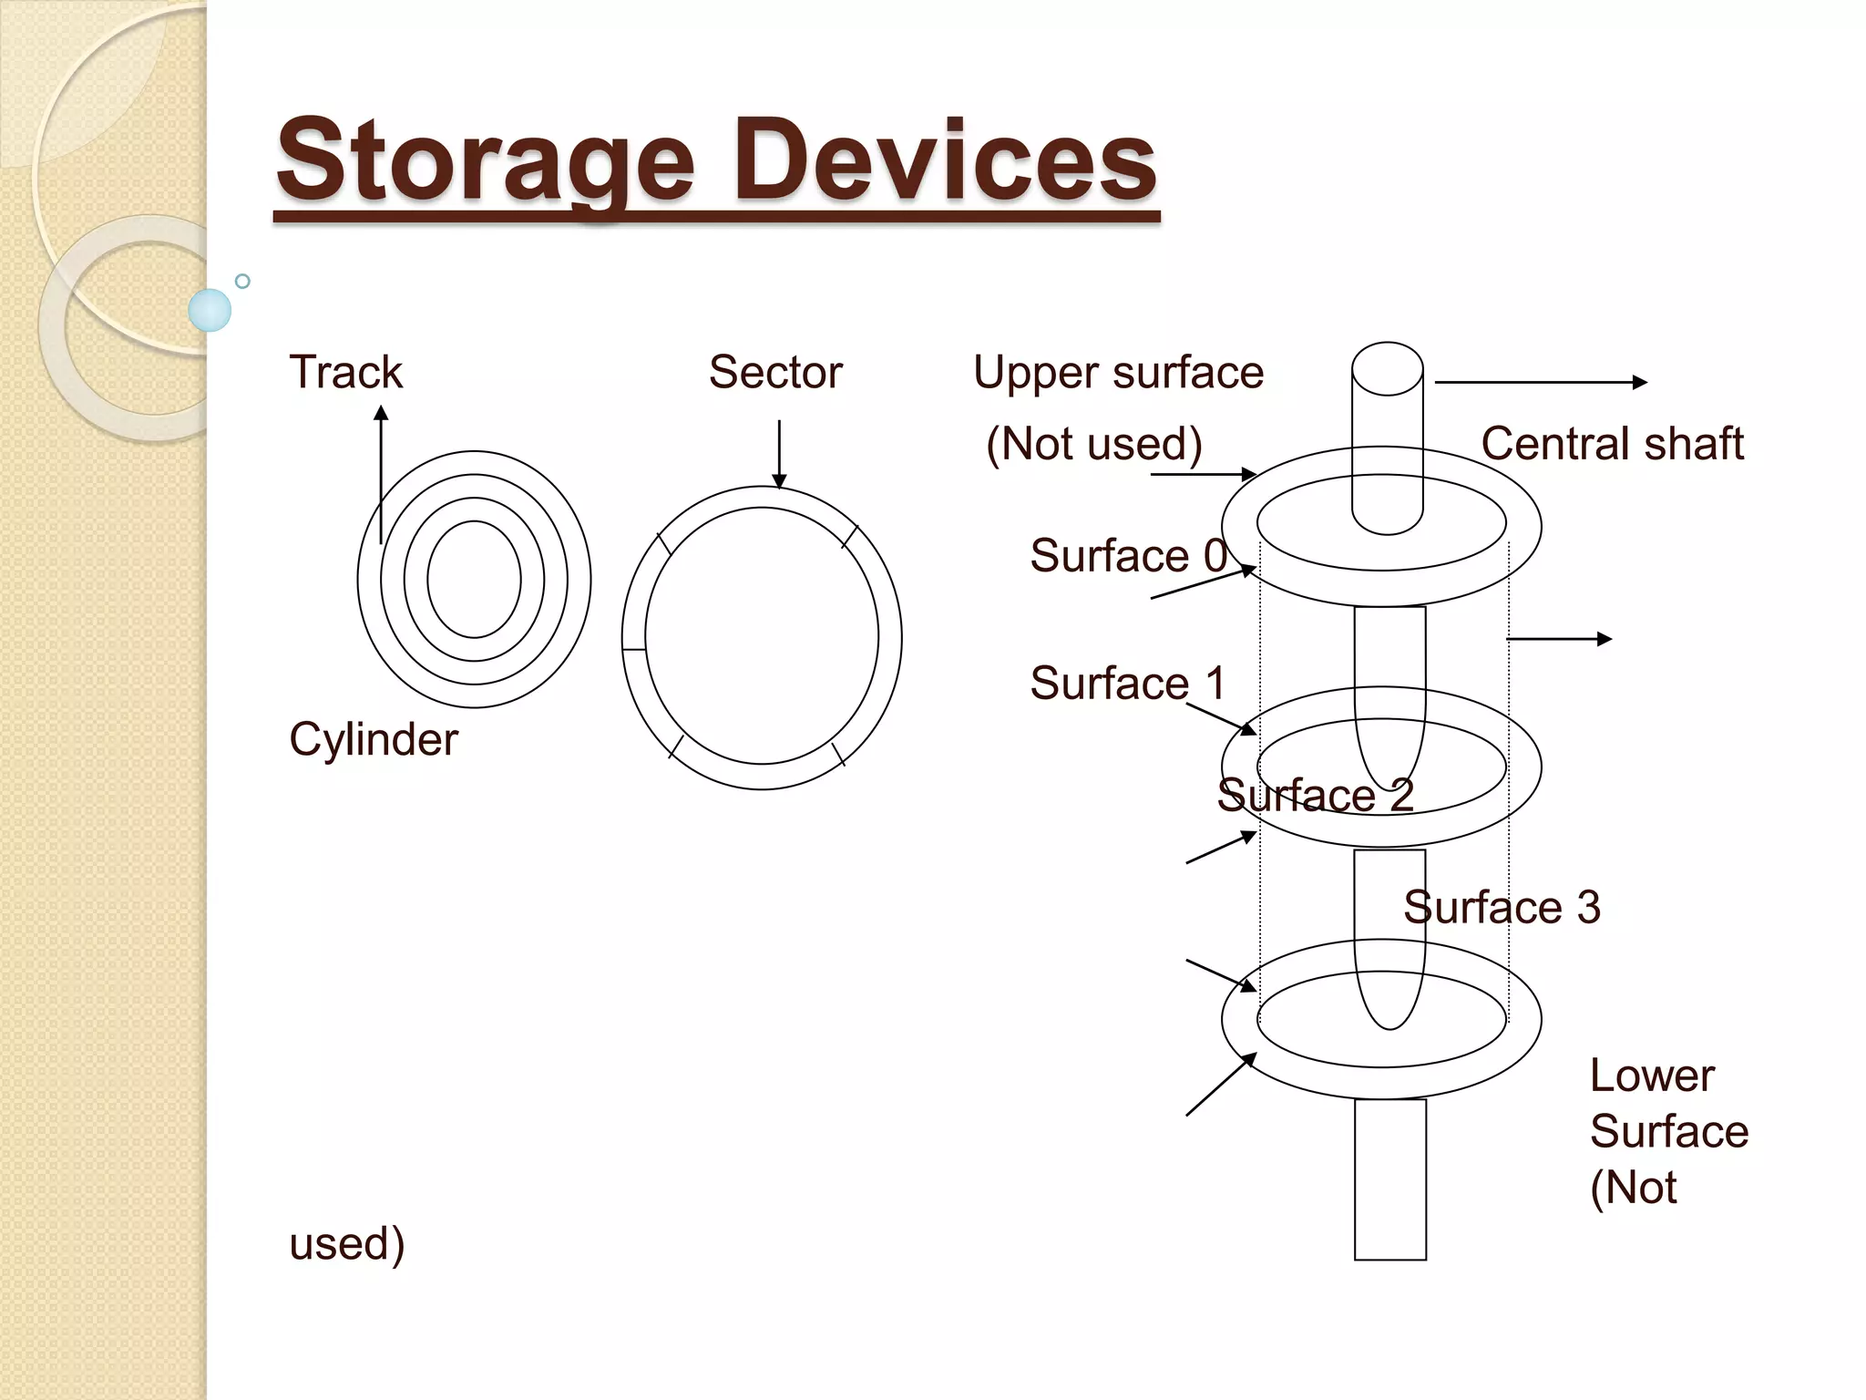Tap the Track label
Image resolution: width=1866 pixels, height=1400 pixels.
click(345, 372)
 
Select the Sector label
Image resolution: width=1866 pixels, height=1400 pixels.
click(775, 372)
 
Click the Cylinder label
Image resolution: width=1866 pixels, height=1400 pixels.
click(374, 739)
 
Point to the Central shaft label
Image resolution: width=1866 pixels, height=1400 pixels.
click(1611, 444)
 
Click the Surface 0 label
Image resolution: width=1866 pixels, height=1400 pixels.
click(1128, 556)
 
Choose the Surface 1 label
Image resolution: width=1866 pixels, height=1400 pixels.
click(1128, 684)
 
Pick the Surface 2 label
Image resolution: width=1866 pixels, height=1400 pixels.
click(1315, 796)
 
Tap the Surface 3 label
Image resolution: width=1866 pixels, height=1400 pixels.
click(1502, 908)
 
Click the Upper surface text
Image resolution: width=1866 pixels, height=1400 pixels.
click(1118, 373)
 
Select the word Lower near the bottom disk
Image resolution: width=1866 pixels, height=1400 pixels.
click(1651, 1076)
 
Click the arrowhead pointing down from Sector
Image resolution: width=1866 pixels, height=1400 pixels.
click(779, 481)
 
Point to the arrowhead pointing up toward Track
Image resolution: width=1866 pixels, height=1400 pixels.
click(381, 414)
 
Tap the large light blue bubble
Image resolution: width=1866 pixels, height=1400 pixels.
click(210, 310)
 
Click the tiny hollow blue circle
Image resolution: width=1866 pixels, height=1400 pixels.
click(242, 281)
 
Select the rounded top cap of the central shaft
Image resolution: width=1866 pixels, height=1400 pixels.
click(1387, 367)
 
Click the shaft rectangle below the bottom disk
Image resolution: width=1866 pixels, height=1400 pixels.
click(1389, 1180)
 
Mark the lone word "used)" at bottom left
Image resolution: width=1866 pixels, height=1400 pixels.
click(347, 1244)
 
